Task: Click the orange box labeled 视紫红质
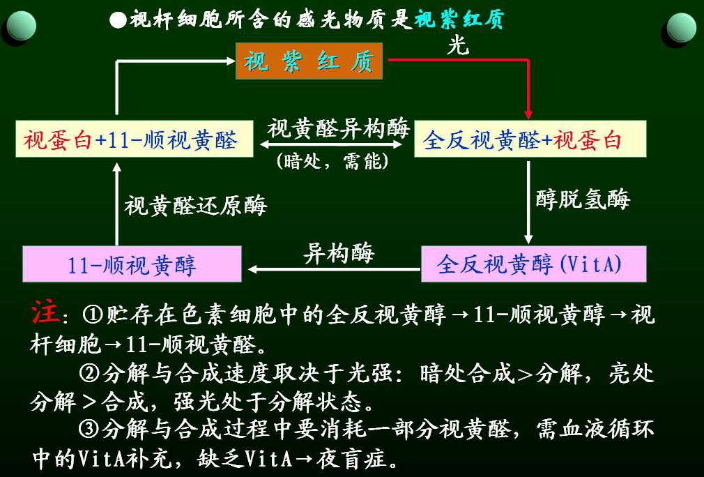[x=309, y=61]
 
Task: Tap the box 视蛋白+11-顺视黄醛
[x=130, y=141]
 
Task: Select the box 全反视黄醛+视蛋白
[x=530, y=139]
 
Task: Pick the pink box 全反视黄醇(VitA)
[x=533, y=264]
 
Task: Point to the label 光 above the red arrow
[x=457, y=45]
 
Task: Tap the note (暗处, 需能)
[x=333, y=162]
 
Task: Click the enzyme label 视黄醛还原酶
[x=196, y=205]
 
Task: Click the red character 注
[x=45, y=313]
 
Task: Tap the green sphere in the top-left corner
[x=21, y=29]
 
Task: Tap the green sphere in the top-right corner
[x=680, y=29]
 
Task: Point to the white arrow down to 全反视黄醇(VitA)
[x=528, y=202]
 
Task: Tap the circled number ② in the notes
[x=90, y=373]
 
